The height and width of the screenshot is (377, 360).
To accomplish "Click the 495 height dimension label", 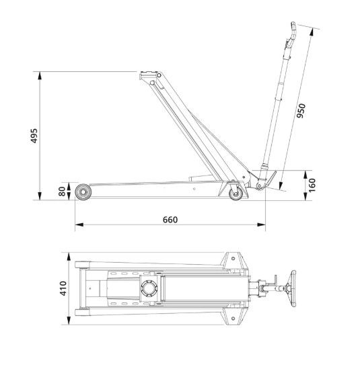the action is (34, 136).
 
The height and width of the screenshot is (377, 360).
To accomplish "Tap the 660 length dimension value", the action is (170, 220).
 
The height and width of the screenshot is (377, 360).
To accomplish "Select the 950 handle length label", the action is (301, 111).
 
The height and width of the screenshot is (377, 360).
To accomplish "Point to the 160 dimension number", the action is (312, 185).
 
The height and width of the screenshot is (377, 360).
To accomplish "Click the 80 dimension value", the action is (62, 192).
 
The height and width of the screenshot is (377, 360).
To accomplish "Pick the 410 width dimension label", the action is (63, 288).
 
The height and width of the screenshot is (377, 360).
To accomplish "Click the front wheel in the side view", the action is (83, 192).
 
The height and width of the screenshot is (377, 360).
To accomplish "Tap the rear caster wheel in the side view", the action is (236, 194).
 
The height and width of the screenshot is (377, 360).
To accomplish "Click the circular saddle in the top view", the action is (149, 288).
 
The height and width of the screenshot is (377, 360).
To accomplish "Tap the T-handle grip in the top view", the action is (293, 288).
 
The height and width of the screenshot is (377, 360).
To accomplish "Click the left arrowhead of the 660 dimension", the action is (79, 225).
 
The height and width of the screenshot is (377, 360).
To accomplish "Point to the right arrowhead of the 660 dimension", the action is (261, 225).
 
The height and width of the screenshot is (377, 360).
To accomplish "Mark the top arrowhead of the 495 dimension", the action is (40, 76).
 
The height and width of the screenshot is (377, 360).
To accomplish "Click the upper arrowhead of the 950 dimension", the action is (312, 32).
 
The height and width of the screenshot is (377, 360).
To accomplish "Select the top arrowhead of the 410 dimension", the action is (69, 257).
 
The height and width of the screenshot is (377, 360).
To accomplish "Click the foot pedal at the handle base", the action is (271, 179).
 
